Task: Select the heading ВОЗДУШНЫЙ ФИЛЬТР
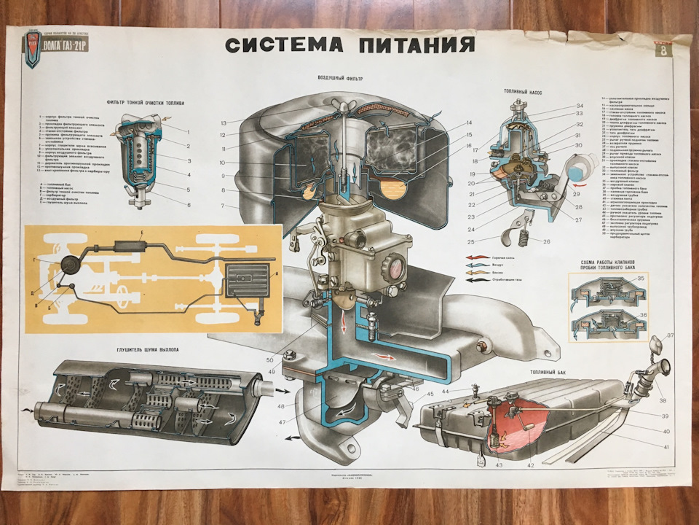(340, 78)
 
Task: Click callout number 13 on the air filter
(224, 122)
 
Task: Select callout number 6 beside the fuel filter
(188, 205)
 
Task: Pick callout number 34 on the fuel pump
(580, 106)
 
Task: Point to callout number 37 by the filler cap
(670, 336)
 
